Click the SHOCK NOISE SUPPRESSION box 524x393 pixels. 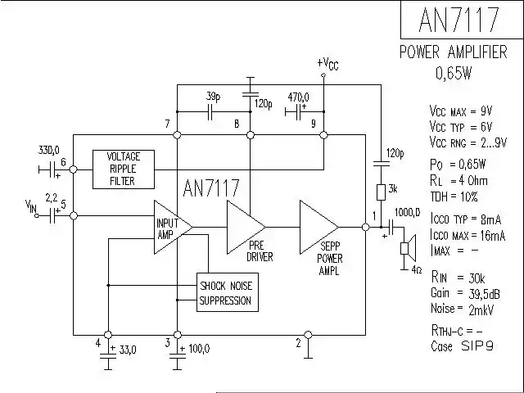pos(227,293)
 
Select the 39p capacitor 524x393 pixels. pos(212,111)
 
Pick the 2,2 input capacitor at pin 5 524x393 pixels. pos(55,215)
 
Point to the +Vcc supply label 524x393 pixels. pos(327,63)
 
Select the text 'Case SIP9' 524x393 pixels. pos(463,346)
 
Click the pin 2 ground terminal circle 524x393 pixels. pos(307,335)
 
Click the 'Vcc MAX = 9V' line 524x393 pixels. pos(462,111)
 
